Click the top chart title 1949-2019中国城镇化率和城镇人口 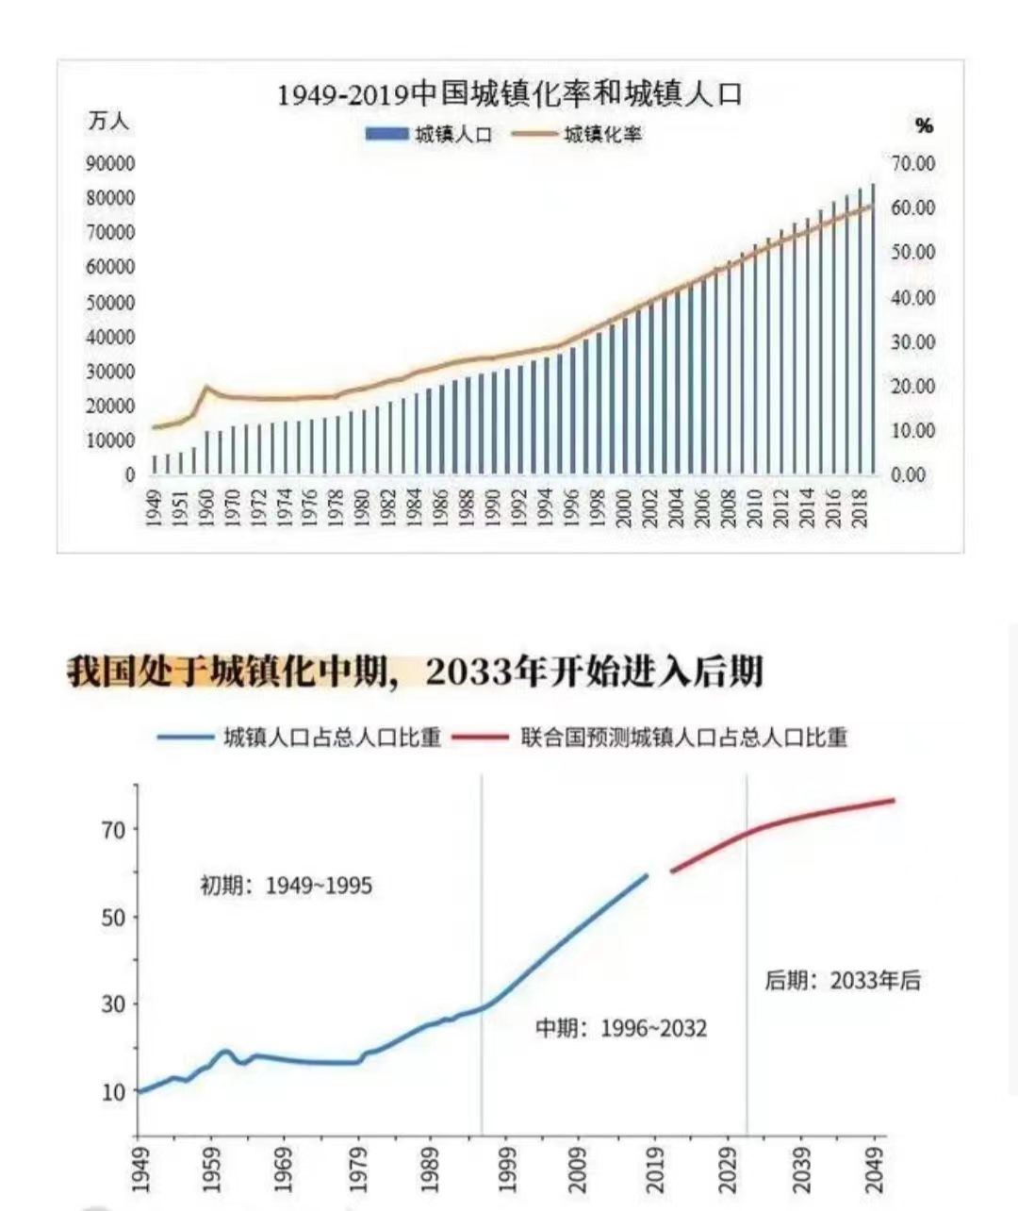coord(509,94)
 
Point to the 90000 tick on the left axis coord(110,163)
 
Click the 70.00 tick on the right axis coord(913,163)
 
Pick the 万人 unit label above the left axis coord(108,122)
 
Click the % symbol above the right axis coord(924,125)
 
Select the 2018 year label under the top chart coord(860,510)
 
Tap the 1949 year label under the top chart coord(154,510)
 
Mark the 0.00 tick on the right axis coord(909,475)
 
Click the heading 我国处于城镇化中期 coord(226,672)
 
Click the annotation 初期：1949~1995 coord(286,886)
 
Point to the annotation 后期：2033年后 coord(842,981)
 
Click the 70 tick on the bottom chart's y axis coord(114,830)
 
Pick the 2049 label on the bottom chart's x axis coord(876,1170)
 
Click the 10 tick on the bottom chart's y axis coord(114,1092)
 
